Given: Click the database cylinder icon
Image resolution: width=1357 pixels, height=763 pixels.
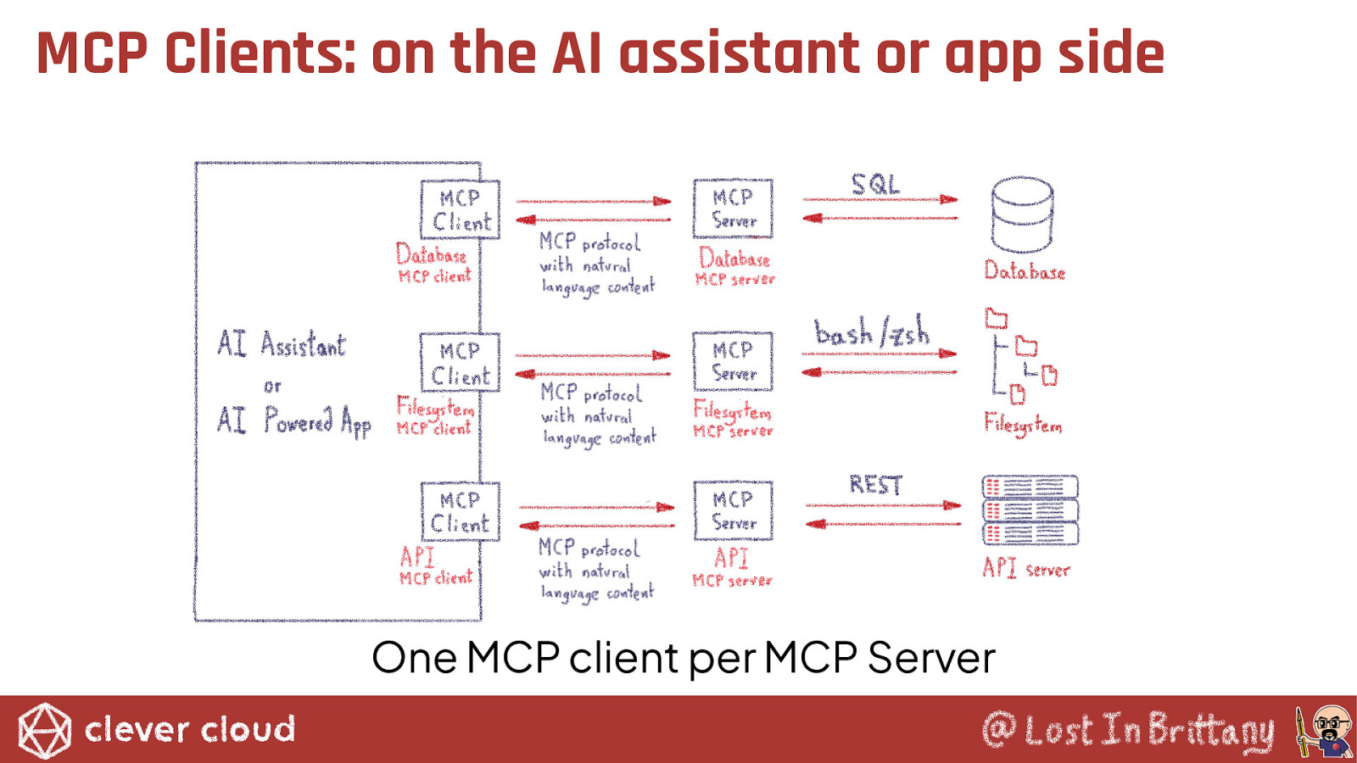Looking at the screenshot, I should (1022, 214).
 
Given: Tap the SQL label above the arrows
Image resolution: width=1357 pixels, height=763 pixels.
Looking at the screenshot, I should (874, 184).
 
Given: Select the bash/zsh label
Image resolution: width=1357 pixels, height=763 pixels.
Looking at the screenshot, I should (871, 332).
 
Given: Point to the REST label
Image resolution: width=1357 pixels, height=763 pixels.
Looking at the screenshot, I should (875, 485).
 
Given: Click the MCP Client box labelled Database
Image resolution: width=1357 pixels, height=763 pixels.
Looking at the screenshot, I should (461, 210).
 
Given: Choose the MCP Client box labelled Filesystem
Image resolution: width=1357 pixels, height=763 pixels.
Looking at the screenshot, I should (461, 363).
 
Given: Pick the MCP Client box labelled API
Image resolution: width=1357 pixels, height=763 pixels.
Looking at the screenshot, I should (461, 512).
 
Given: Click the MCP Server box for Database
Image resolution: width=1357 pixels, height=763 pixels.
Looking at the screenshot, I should (733, 209).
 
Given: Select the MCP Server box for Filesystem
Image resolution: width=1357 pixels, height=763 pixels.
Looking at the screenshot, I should (733, 361).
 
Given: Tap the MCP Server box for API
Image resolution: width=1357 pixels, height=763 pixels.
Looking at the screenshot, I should (733, 511).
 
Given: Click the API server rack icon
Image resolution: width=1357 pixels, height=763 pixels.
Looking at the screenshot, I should (1030, 510).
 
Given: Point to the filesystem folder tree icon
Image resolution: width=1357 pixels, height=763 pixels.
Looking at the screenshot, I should (1021, 356).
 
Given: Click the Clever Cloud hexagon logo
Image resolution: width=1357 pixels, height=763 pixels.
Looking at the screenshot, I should (45, 730).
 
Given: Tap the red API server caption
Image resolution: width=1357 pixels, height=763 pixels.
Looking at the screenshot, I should (1026, 568).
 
